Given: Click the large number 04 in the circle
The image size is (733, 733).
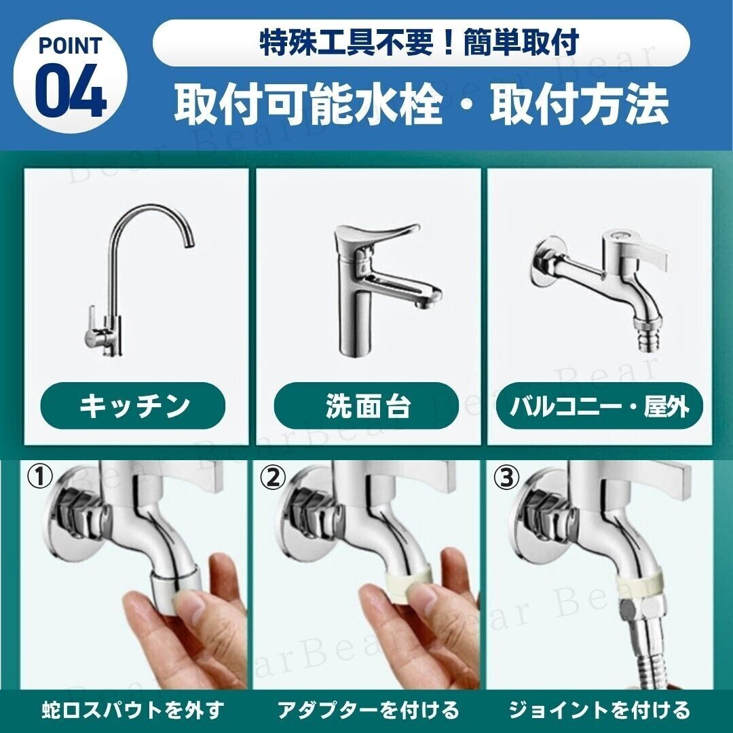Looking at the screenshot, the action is coord(71,91).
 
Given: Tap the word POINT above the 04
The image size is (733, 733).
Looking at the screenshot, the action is coord(70,45).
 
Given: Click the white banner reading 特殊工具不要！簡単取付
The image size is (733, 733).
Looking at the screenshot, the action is coord(421,43).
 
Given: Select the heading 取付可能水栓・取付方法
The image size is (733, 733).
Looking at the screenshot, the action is coord(421,105).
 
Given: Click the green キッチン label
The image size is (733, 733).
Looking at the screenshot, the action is coord(133,405).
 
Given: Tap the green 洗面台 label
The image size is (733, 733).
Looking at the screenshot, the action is coord(366,405).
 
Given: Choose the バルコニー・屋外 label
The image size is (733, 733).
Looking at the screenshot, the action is coord(599,405).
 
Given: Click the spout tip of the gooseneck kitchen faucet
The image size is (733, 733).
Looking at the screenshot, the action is coord(189,242).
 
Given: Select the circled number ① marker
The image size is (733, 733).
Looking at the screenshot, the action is coord(39,478).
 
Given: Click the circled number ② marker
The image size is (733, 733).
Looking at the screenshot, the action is coord(273,478).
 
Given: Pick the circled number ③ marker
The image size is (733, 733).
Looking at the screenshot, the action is coord(506,478).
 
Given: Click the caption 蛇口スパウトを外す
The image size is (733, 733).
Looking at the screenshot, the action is coord(133,710).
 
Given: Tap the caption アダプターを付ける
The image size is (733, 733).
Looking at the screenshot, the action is coord(369,710).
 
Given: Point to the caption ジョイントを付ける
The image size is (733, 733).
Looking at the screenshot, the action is coord(599,710).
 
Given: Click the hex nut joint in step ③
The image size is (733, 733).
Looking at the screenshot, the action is coord(641,608).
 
